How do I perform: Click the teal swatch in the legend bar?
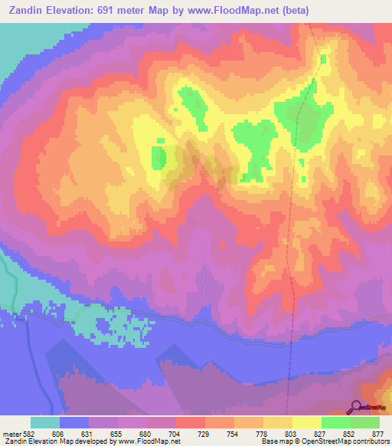(45, 422)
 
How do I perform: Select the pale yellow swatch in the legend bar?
(307, 422)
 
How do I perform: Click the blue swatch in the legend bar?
(74, 422)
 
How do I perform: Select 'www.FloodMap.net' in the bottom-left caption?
(151, 441)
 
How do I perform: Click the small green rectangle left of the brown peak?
(158, 157)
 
